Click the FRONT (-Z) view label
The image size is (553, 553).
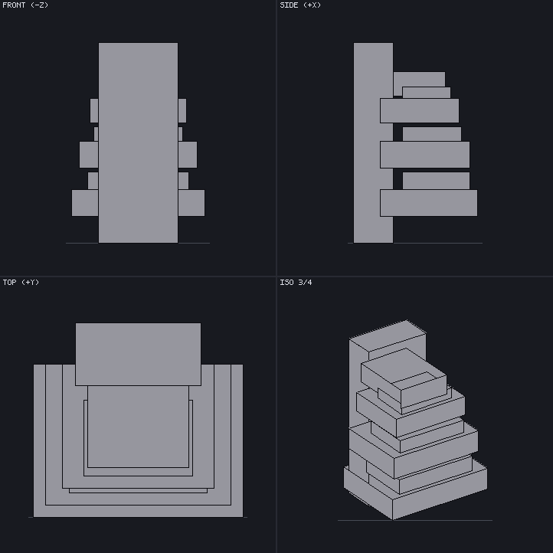pos(25,5)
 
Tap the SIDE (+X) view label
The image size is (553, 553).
pos(300,5)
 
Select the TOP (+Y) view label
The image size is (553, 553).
pos(21,282)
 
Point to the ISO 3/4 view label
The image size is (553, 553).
pos(296,282)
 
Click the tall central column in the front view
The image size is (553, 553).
pos(138,142)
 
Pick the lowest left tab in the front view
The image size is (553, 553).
pos(85,203)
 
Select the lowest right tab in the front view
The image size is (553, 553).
pos(191,203)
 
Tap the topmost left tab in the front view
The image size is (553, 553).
pos(94,111)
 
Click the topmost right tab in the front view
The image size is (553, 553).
pos(182,111)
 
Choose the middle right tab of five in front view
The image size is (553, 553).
pos(188,155)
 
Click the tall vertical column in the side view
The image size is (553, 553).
pos(373,142)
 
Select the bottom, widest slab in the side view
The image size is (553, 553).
pos(428,203)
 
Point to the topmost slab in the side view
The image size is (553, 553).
pos(419,80)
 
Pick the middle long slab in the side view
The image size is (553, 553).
pos(424,155)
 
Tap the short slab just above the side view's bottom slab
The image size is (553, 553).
pos(436,181)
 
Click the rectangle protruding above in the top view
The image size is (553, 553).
pos(138,354)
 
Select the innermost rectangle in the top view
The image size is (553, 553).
pos(138,427)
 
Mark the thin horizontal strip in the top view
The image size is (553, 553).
pos(138,491)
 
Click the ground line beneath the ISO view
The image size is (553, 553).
pos(415,520)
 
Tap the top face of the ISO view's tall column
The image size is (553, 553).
pos(388,335)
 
